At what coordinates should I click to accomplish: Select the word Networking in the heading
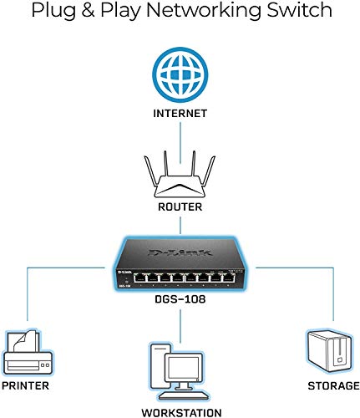coord(184,12)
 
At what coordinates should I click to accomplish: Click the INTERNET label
coord(180,111)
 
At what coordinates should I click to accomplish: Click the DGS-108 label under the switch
coord(180,297)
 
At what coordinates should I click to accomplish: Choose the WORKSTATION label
coord(180,412)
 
